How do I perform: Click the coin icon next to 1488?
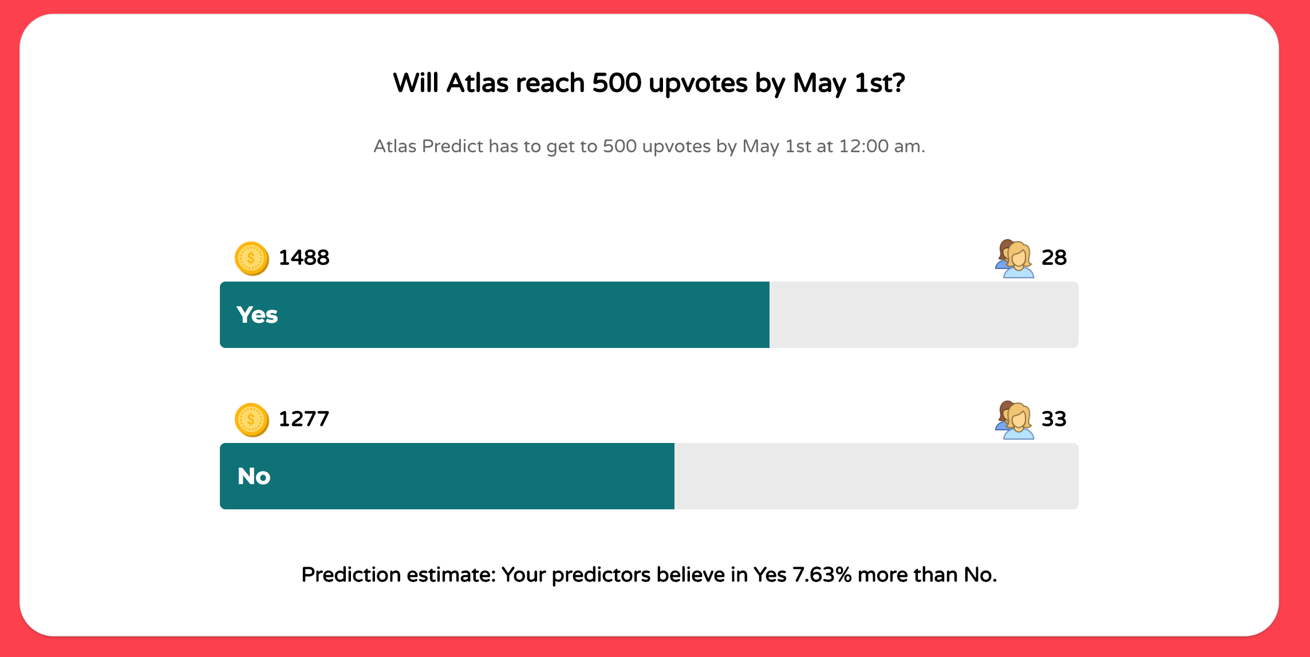point(251,259)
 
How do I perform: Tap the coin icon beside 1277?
point(251,420)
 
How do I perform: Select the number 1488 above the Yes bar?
point(304,258)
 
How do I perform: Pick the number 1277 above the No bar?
point(304,419)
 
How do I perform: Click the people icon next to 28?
point(1015,259)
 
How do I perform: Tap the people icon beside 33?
point(1015,420)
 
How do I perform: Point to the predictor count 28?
point(1054,258)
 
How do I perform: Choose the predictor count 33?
point(1054,419)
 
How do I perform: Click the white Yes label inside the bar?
point(258,315)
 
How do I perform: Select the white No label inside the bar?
point(254,477)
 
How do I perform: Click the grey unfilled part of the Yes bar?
point(924,315)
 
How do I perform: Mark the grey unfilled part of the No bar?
point(876,476)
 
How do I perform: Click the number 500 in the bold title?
point(617,84)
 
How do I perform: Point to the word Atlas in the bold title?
point(478,84)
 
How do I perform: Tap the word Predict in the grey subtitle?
point(452,147)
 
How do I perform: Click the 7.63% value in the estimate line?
point(822,575)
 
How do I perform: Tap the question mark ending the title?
point(898,84)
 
